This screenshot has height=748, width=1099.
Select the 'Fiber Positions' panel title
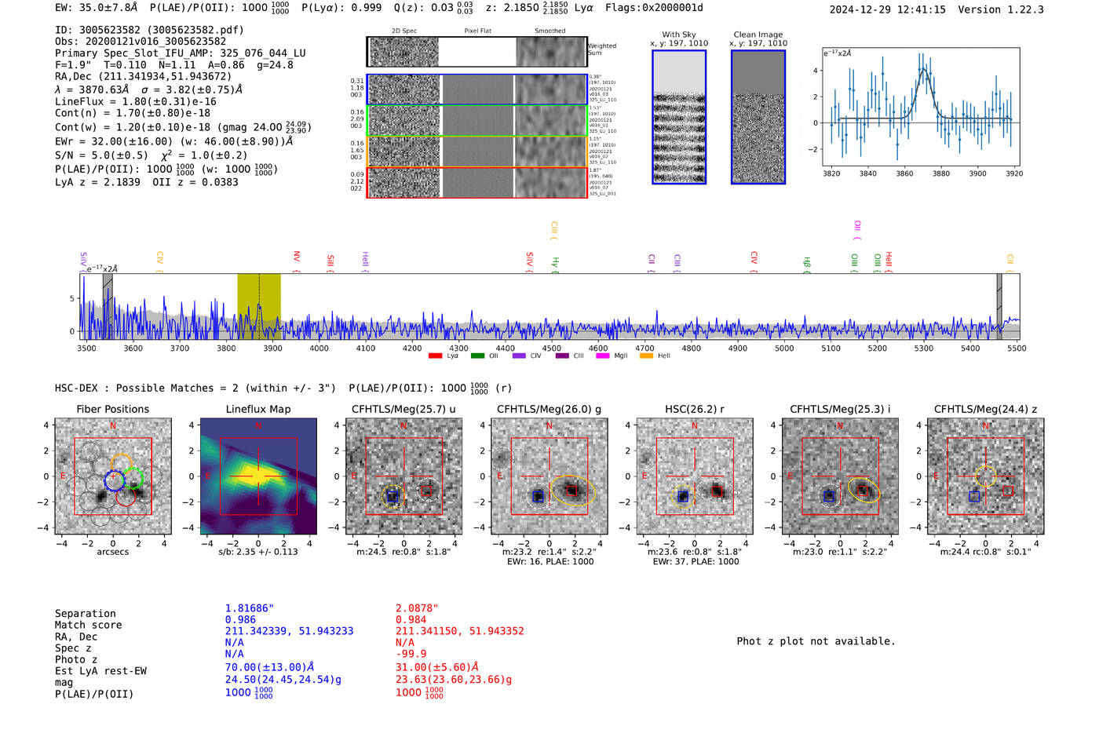point(112,409)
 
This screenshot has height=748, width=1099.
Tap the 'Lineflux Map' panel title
point(258,409)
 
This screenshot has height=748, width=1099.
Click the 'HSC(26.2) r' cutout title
point(695,409)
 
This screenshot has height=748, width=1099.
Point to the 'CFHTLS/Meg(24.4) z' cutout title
point(985,409)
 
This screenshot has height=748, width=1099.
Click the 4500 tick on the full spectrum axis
point(552,348)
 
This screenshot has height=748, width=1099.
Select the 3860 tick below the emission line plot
point(904,173)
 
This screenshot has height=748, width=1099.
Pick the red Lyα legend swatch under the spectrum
point(436,356)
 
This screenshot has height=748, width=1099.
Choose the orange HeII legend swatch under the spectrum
point(646,356)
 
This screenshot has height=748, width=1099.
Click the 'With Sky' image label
point(679,35)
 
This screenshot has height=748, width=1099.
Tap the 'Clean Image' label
point(758,35)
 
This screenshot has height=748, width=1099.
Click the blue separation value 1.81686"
point(250,608)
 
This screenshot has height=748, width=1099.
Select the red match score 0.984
point(411,620)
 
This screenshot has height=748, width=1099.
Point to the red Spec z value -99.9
point(411,654)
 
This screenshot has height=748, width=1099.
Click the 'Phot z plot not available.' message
point(816,641)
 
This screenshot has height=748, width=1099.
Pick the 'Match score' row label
point(88,625)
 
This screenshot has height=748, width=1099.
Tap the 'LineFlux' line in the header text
point(135,101)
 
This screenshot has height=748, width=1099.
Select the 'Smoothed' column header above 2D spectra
point(549,31)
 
